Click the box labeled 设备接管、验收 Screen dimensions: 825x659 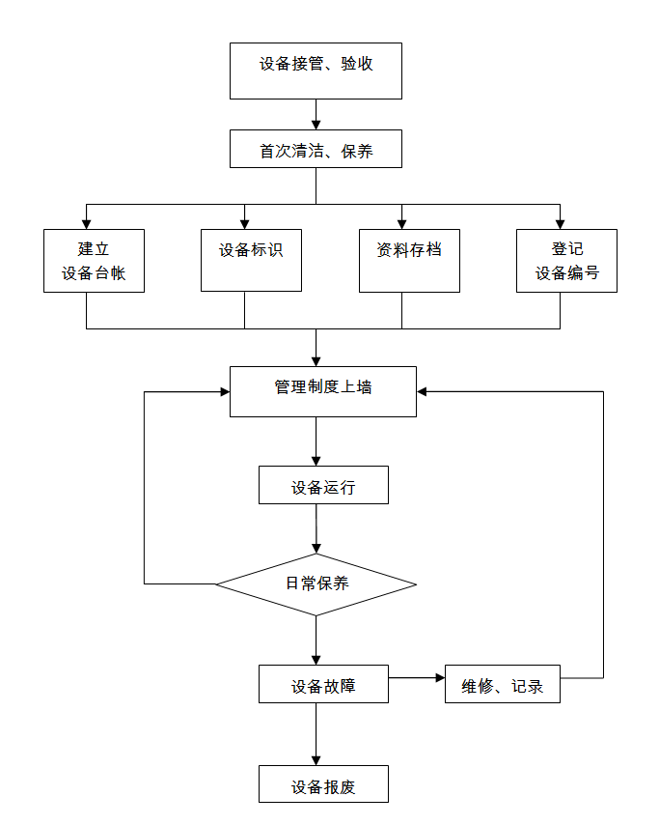click(x=316, y=71)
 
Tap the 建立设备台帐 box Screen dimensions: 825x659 click(x=94, y=261)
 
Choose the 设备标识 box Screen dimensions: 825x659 click(x=251, y=260)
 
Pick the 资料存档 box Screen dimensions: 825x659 click(x=409, y=260)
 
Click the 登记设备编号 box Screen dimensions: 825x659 click(x=566, y=261)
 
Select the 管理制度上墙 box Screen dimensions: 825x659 click(x=323, y=391)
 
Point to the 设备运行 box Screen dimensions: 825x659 click(x=323, y=485)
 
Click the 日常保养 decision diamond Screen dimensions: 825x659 click(x=316, y=583)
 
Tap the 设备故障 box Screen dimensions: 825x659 click(x=323, y=684)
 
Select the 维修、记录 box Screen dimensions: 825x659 click(x=503, y=684)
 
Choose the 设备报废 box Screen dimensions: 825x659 click(x=323, y=783)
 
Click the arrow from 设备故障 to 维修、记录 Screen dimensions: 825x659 click(x=416, y=677)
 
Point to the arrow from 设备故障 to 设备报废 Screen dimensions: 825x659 click(x=316, y=733)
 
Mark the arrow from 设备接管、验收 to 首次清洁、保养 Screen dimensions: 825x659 click(x=316, y=114)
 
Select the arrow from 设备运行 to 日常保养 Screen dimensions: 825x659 click(x=316, y=528)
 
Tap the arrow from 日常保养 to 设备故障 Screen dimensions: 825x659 click(x=316, y=640)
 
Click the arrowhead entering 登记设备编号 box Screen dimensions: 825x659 click(x=560, y=223)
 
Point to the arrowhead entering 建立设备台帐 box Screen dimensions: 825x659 click(x=87, y=223)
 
